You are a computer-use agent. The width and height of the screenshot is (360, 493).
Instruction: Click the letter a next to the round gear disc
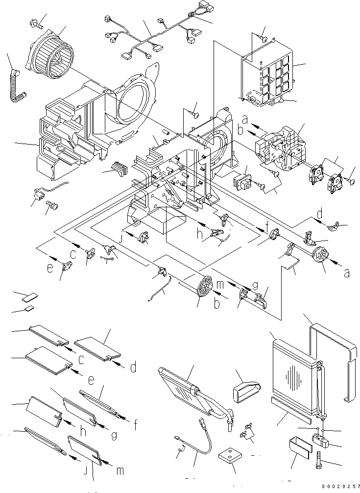(347, 273)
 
